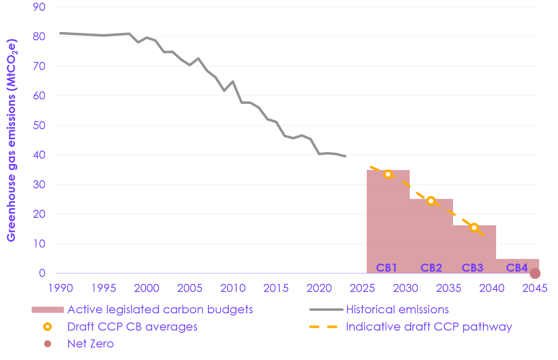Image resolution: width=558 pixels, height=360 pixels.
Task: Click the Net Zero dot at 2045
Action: pyautogui.click(x=535, y=273)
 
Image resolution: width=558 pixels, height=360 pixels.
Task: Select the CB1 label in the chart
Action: pyautogui.click(x=386, y=268)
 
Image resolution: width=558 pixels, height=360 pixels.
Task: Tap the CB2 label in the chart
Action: pyautogui.click(x=431, y=268)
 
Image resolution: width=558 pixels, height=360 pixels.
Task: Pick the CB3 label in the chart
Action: pyautogui.click(x=472, y=268)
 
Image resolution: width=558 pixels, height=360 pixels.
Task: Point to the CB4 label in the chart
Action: pyautogui.click(x=517, y=268)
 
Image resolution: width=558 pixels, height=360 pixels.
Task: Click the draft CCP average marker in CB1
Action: pyautogui.click(x=388, y=174)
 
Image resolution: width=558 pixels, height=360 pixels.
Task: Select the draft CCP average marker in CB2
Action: pyautogui.click(x=431, y=201)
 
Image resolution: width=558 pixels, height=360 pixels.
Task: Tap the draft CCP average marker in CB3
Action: pyautogui.click(x=474, y=228)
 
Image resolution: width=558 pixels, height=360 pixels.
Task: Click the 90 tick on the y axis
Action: pyautogui.click(x=39, y=7)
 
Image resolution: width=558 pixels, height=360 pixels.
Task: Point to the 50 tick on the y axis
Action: pyautogui.click(x=39, y=126)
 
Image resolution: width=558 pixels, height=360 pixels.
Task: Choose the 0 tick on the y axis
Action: pyautogui.click(x=42, y=273)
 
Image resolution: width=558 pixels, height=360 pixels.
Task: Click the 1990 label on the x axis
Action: pyautogui.click(x=61, y=288)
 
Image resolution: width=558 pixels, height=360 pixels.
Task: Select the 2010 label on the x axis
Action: pyautogui.click(x=233, y=288)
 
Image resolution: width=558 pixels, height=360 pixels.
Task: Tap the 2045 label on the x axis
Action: pyautogui.click(x=535, y=288)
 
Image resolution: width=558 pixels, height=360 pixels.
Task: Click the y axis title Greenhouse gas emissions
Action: pyautogui.click(x=12, y=140)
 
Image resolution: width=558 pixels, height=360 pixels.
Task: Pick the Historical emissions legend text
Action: pyautogui.click(x=397, y=309)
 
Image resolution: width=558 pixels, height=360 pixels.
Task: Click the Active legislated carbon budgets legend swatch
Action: pyautogui.click(x=48, y=310)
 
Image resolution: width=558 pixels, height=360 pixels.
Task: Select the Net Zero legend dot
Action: pyautogui.click(x=48, y=344)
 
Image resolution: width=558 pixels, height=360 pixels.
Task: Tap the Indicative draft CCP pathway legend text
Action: pyautogui.click(x=429, y=327)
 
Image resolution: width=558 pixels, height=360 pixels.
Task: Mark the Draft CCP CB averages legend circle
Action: pyautogui.click(x=48, y=327)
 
